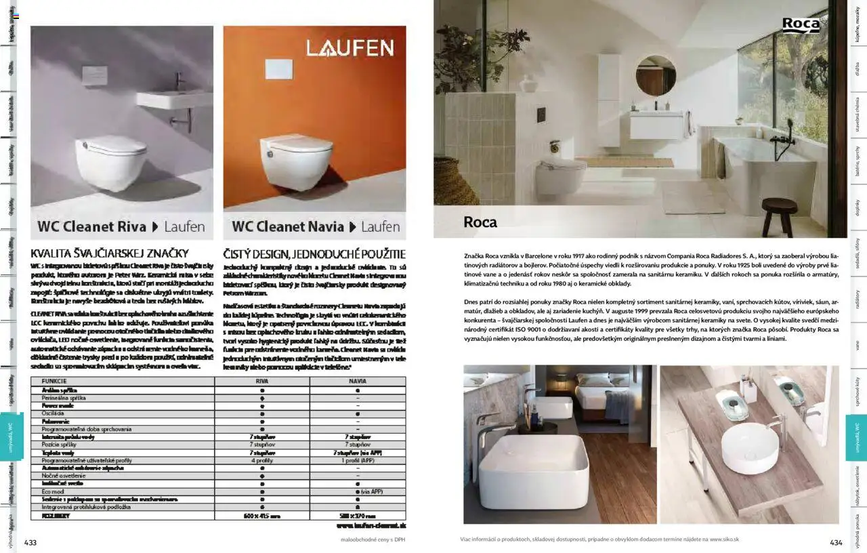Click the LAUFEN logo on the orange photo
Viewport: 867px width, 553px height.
pos(350,48)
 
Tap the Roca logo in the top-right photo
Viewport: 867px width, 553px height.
pos(801,25)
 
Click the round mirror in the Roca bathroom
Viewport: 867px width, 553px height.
pos(655,75)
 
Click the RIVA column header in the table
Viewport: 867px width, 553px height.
pos(261,381)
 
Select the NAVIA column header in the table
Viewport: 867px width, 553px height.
pos(357,381)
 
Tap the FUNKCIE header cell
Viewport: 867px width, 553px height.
pos(54,381)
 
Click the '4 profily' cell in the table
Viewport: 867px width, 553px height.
pos(261,460)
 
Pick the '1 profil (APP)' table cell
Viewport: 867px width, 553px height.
pos(357,460)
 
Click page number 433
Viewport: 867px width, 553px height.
pos(30,541)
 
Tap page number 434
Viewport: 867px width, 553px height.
pos(836,541)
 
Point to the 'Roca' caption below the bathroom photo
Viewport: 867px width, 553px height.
pos(480,222)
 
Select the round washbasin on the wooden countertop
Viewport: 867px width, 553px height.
pos(749,447)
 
